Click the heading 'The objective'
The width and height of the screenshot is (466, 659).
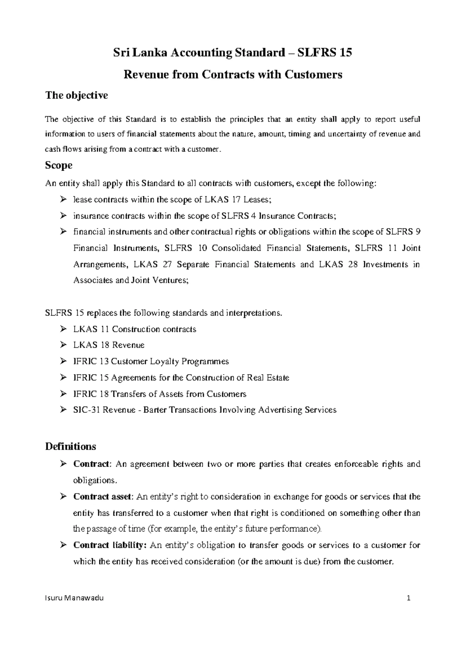coord(77,95)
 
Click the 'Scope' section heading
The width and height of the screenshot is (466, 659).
coord(59,165)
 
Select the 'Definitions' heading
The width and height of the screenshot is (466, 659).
coord(70,446)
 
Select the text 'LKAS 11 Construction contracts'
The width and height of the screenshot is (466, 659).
coord(134,329)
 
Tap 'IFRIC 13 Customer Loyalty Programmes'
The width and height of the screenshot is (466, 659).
coord(151,361)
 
